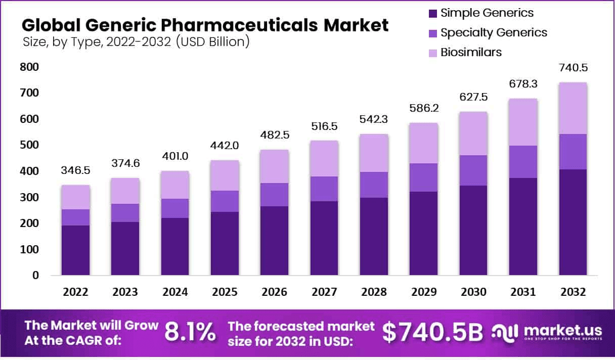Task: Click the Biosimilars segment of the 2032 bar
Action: point(573,108)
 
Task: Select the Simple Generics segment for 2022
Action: point(75,250)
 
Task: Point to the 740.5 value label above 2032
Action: point(573,68)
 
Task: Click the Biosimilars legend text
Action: point(471,52)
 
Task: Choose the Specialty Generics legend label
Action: point(494,33)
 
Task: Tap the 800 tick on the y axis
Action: point(29,67)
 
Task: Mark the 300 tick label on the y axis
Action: point(29,197)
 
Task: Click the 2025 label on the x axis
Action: point(225,292)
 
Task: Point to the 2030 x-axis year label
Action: point(473,292)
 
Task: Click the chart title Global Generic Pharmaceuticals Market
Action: point(205,25)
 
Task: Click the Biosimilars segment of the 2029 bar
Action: point(423,143)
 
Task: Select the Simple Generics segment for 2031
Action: point(523,227)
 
